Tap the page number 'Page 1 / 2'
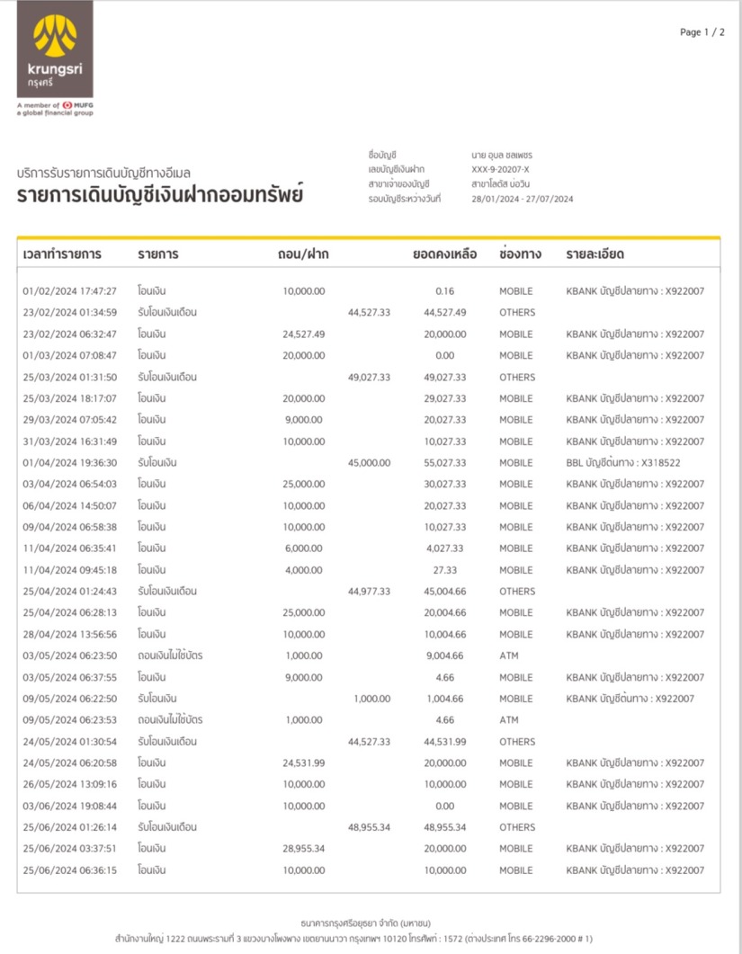pos(702,32)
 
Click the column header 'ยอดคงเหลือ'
pos(444,254)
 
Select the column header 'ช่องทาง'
pos(520,254)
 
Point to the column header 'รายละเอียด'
pos(594,254)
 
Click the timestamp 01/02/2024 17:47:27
pos(69,291)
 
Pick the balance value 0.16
pos(444,291)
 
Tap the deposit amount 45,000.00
pos(369,463)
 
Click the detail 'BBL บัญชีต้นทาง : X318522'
pos(623,463)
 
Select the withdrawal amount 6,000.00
pos(304,548)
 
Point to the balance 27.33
pos(444,570)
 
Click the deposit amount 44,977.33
pos(369,592)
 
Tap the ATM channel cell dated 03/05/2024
pos(509,656)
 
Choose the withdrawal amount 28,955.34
pos(304,849)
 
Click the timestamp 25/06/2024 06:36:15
pos(69,870)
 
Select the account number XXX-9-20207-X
pos(501,169)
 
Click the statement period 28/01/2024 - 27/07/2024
pos(523,199)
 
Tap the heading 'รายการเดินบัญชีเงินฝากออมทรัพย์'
pos(160,194)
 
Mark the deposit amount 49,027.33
pos(369,378)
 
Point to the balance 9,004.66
pos(444,656)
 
